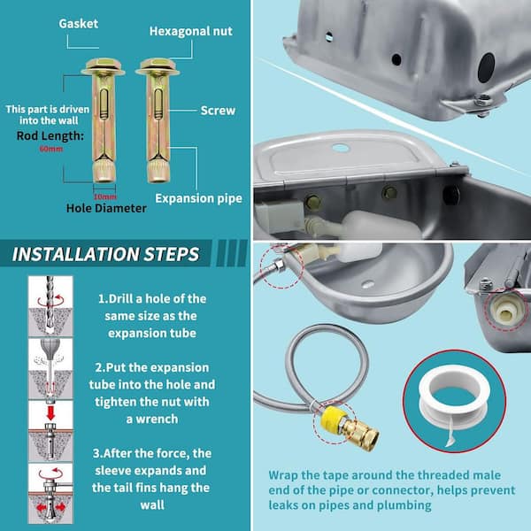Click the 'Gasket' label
78,24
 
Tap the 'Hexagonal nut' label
191,31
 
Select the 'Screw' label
218,111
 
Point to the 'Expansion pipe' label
199,198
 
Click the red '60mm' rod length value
51,149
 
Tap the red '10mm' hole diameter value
105,196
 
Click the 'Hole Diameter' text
106,208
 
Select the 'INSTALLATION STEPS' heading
105,254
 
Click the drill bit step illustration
50,305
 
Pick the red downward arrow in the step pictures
50,413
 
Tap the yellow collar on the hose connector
333,418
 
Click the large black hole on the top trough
486,67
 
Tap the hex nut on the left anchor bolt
104,64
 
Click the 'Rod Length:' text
50,135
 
